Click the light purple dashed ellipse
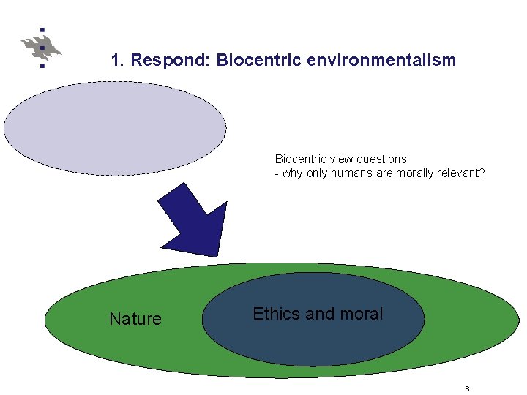[x=115, y=127]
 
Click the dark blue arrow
[x=193, y=217]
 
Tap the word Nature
[x=135, y=319]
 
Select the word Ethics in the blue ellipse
[x=276, y=314]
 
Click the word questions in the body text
[x=384, y=159]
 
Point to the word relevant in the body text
[x=461, y=174]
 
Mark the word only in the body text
[x=318, y=174]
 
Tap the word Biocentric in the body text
[x=302, y=159]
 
